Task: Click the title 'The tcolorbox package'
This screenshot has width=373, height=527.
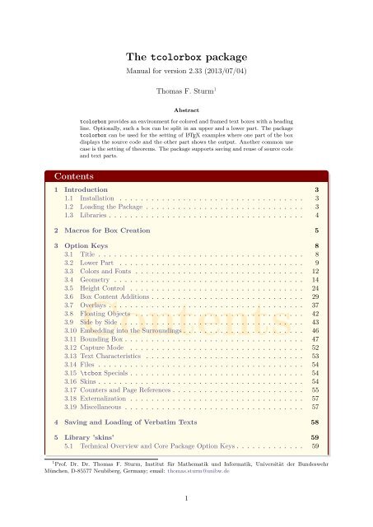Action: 186,57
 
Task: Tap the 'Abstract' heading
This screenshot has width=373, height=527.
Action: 186,108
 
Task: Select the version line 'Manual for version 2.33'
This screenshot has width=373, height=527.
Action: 186,72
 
